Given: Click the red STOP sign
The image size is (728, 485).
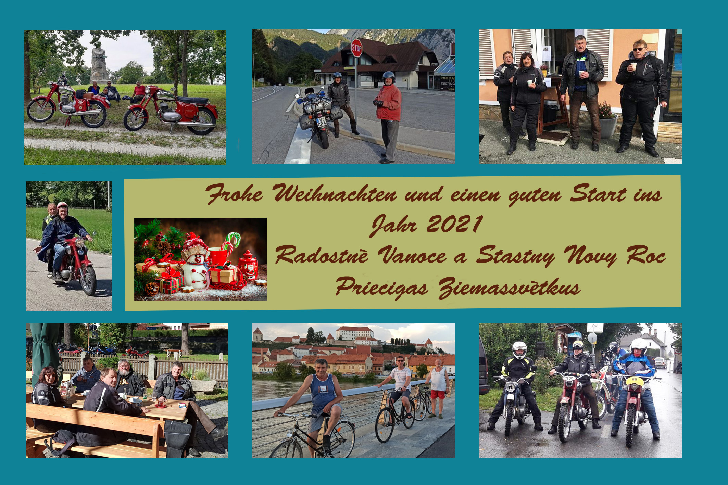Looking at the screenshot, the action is [x=356, y=48].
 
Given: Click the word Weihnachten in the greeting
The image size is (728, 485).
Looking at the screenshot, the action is [x=335, y=194].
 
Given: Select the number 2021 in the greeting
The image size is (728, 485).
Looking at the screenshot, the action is [x=454, y=225].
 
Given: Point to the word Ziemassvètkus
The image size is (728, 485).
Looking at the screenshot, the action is [x=510, y=288].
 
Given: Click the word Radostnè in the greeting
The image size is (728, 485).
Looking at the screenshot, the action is [x=322, y=255].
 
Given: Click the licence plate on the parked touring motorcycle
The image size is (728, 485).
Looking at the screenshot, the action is [x=321, y=122].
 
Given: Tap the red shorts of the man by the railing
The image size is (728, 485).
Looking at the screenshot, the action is [x=438, y=395].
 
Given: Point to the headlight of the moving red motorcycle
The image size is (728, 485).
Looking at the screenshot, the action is [x=80, y=243].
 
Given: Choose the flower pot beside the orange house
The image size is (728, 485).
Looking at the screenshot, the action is [x=608, y=126].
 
